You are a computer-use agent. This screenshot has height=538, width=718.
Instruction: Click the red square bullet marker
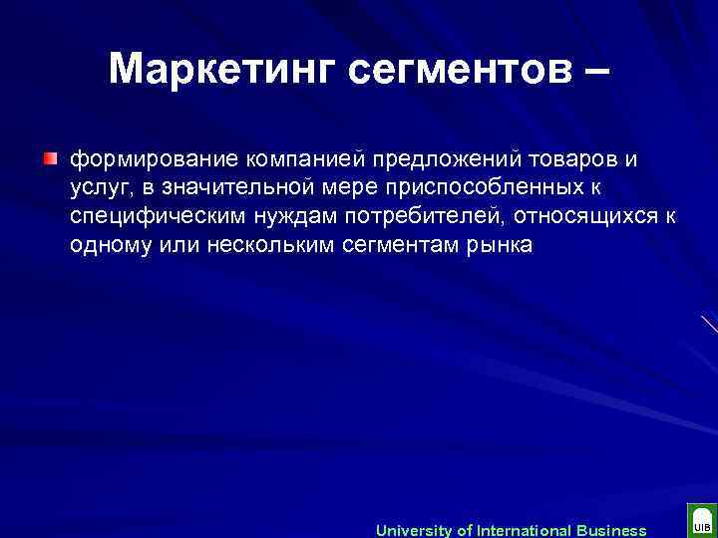tap(51, 158)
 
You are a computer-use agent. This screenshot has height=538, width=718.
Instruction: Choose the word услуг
tap(98, 189)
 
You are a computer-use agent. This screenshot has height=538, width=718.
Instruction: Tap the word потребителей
tap(415, 217)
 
